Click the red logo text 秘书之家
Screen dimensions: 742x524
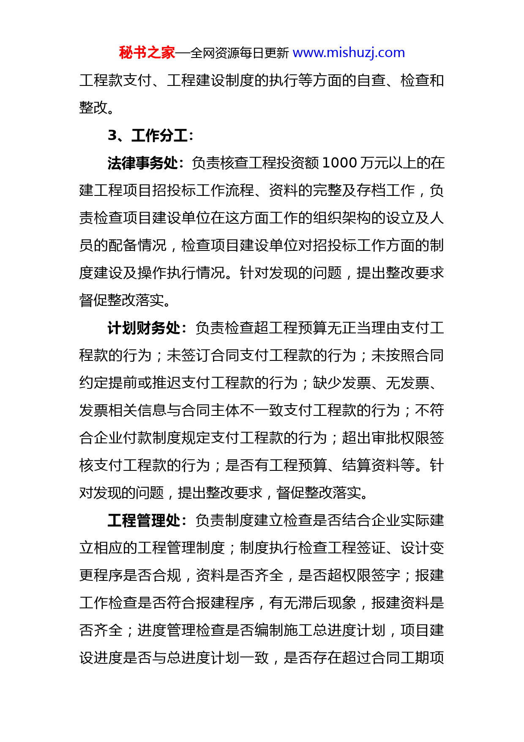(147, 53)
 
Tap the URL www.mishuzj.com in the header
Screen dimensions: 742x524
(349, 53)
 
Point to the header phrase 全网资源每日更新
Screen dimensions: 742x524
(240, 53)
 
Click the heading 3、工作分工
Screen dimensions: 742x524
(150, 135)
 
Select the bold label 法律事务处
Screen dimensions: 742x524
(143, 163)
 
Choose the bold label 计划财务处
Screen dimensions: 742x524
(144, 328)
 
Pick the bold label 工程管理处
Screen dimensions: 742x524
(144, 520)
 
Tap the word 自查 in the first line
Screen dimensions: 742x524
(371, 80)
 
